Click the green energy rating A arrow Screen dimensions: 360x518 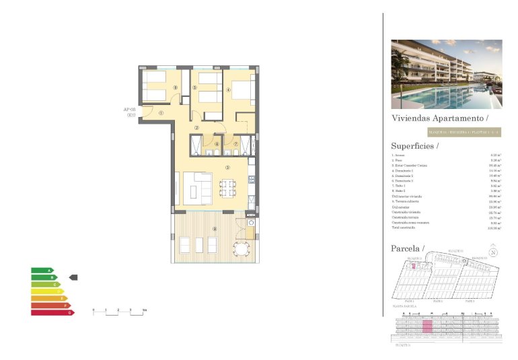coord(41,271)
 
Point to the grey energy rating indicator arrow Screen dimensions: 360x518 coord(74,277)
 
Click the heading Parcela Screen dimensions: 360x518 coord(408,249)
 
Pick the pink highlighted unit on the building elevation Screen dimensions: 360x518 coord(427,327)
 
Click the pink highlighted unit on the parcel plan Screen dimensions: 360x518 coord(415,266)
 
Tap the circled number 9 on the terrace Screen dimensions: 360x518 coord(215,229)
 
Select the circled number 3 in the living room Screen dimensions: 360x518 coord(228,168)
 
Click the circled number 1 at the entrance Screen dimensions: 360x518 coord(161,113)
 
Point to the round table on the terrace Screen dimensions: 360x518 coord(240,249)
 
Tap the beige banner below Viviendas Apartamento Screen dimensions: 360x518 coord(445,133)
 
